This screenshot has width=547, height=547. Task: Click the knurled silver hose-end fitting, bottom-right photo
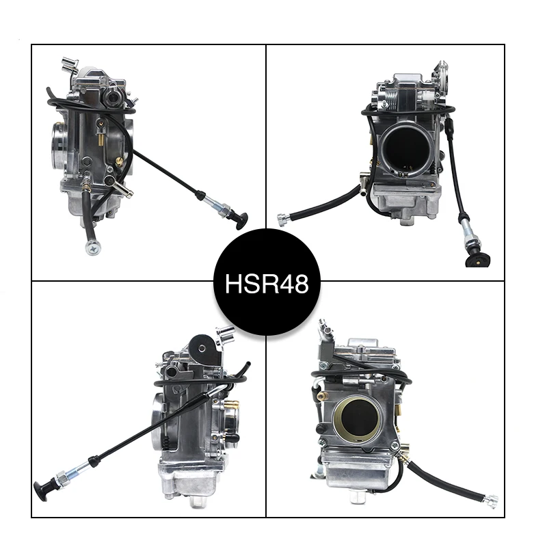(x=490, y=503)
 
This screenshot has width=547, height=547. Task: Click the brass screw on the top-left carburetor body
(x=120, y=162)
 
